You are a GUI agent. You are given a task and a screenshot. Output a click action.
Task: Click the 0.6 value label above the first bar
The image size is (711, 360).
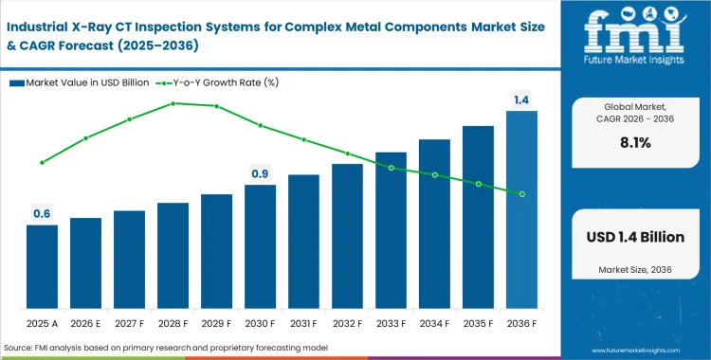click(x=42, y=214)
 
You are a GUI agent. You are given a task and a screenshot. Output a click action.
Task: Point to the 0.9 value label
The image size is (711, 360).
click(x=260, y=174)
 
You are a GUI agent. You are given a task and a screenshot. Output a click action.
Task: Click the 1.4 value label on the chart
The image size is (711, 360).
click(x=521, y=99)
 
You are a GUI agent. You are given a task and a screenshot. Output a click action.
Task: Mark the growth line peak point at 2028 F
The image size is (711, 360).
click(x=173, y=103)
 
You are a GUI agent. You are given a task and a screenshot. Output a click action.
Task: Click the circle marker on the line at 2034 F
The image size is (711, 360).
click(x=434, y=175)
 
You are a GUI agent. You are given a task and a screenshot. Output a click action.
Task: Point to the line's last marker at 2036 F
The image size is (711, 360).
click(x=521, y=194)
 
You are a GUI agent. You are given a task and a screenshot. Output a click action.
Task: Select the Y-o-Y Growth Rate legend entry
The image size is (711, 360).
click(x=227, y=82)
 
